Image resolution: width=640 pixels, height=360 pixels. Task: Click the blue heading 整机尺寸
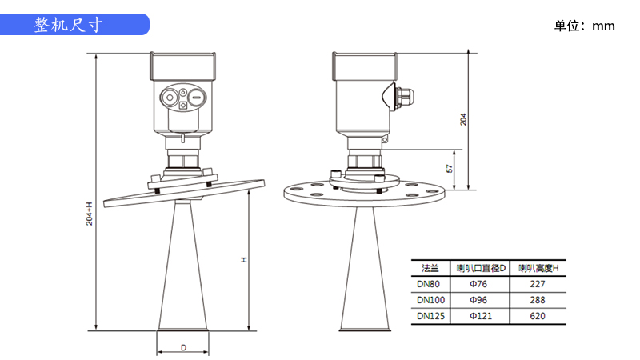point(68,25)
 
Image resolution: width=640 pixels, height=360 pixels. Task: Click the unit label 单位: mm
point(584,26)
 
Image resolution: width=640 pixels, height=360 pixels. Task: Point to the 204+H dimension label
point(90,214)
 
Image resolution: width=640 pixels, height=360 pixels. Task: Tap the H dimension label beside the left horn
point(244,259)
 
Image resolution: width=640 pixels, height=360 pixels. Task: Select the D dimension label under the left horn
point(184,348)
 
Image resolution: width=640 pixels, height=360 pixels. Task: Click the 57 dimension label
point(450,169)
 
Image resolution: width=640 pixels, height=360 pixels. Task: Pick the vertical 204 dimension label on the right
point(463,119)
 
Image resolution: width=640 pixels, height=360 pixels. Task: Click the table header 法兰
point(430,268)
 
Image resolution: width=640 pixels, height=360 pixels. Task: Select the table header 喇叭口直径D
point(481,268)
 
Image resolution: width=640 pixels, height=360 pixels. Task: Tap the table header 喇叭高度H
point(538,268)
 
